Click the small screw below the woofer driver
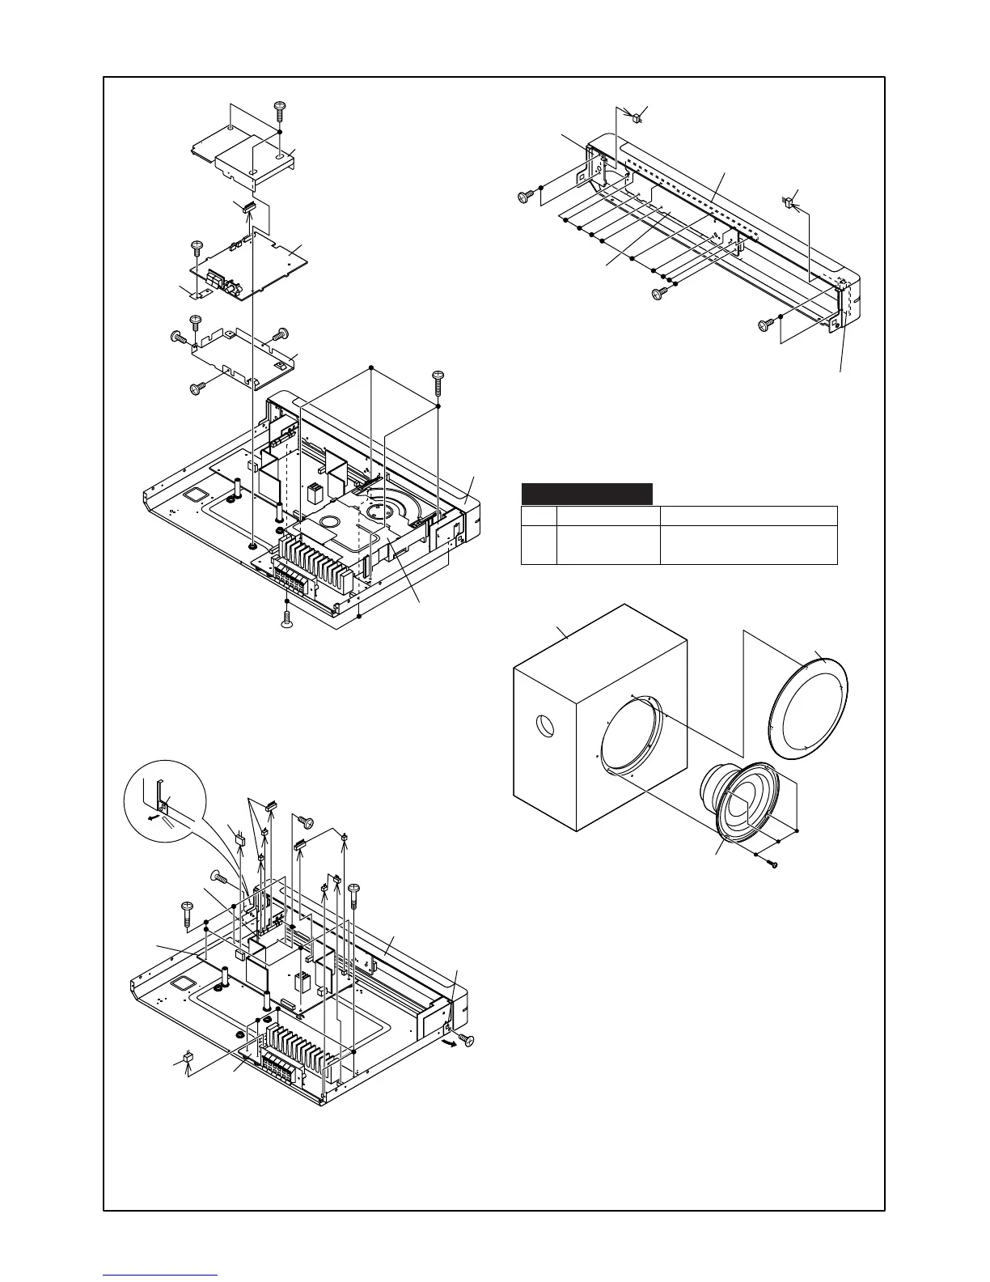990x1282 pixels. [x=773, y=865]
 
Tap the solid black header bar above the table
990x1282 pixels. [x=586, y=494]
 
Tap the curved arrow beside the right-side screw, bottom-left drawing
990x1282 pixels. [x=444, y=1045]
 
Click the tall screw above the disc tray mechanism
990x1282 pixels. [x=438, y=379]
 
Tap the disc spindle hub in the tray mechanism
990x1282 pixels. [x=379, y=509]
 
